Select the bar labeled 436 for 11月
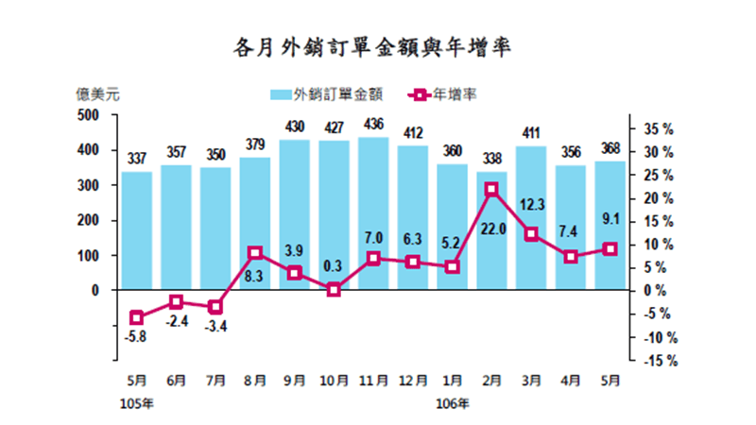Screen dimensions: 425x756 coord(373,213)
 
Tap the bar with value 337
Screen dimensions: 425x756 coord(136,231)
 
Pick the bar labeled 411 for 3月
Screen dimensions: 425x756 coord(531,218)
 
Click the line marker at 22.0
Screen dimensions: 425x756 coord(491,190)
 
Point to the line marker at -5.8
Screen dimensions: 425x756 coord(136,317)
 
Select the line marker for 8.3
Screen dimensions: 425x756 coord(255,253)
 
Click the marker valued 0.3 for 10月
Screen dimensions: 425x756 coord(334,290)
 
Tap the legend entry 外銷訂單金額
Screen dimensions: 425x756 coord(326,93)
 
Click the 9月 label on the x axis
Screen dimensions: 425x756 coord(294,381)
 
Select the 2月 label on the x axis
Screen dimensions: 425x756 coord(491,381)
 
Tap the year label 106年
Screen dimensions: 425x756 coord(451,403)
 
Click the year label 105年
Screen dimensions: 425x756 coord(135,403)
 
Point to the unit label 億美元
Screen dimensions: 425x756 coord(98,93)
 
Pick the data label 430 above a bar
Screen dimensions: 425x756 coord(295,127)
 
